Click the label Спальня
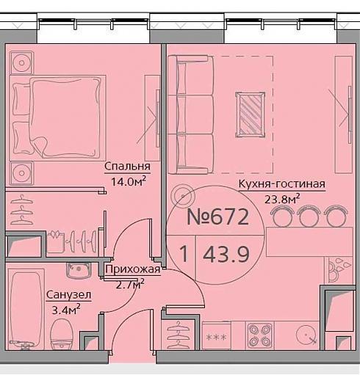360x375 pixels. tap(127, 167)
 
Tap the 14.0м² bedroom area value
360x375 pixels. tap(129, 181)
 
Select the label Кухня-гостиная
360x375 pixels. tap(282, 184)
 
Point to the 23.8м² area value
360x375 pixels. tap(282, 199)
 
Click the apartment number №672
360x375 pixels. tap(218, 217)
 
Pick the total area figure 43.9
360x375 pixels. tap(226, 255)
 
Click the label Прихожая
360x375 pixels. tap(133, 269)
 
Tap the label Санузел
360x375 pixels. tap(68, 295)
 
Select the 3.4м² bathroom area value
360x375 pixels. tap(66, 310)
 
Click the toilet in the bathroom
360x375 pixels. tap(62, 335)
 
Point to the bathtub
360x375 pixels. tap(26, 309)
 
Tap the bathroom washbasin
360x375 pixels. tap(79, 270)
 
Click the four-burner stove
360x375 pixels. tap(260, 335)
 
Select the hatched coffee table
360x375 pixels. tap(250, 114)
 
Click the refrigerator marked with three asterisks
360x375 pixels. tap(216, 336)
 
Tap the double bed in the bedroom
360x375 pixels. tap(57, 118)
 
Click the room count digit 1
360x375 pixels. tap(184, 254)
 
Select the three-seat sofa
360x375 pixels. tap(190, 114)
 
